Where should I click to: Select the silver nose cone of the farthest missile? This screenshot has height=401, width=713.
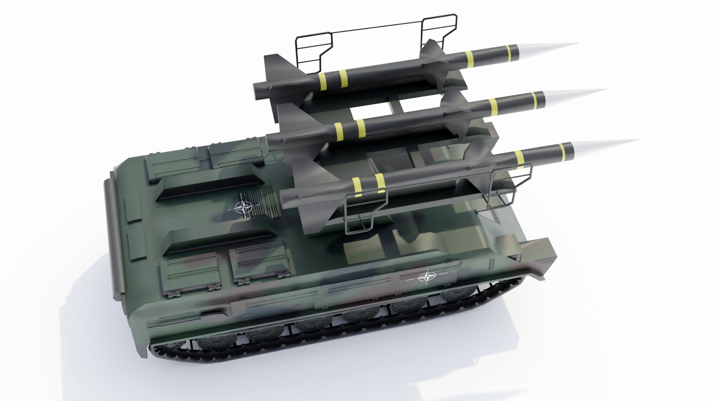(546, 48)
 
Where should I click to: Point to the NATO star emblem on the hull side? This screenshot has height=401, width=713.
(427, 277)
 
